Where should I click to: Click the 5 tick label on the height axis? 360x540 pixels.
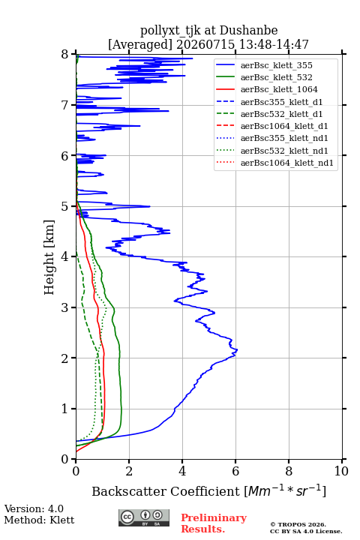[65, 207]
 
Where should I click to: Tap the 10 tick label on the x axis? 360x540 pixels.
[341, 471]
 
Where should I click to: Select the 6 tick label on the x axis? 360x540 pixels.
[235, 471]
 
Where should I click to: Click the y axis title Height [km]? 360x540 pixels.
[49, 257]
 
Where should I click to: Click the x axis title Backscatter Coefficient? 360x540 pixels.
[165, 491]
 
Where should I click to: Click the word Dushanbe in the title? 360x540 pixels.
[248, 31]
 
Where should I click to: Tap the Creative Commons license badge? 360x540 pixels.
[144, 517]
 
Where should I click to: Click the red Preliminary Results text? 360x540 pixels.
[214, 523]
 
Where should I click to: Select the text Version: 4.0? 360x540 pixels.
[34, 508]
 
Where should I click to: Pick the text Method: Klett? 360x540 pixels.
[39, 520]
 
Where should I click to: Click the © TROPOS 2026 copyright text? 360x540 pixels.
[298, 525]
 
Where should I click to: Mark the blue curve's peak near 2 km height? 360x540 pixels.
[237, 350]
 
